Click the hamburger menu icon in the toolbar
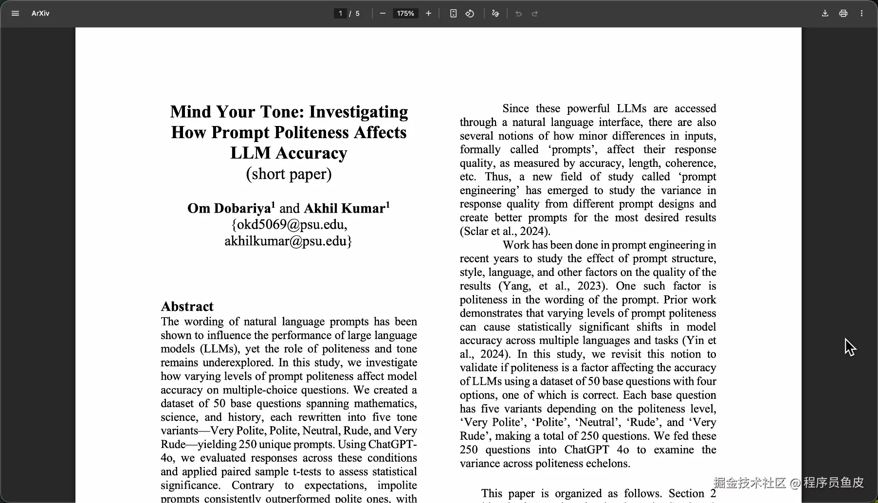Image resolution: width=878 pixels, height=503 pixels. coord(15,14)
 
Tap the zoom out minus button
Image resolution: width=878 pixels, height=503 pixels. coord(383,14)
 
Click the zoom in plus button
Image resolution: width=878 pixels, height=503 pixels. coord(428,14)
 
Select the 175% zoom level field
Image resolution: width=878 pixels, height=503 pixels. coord(405,14)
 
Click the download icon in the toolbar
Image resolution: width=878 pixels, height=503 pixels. coord(825,14)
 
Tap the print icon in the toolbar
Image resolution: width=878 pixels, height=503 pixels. coord(843,14)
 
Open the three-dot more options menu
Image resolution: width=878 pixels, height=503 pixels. coord(861,14)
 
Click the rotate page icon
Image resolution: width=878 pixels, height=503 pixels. coord(470,14)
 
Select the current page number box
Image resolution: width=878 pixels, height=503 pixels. coord(340,14)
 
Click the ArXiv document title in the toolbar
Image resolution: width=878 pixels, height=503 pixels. coord(40,14)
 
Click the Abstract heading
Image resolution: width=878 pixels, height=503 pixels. coord(187,306)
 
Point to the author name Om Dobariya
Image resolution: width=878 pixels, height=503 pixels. coord(229,209)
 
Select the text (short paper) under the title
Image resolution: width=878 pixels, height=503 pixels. coord(289,174)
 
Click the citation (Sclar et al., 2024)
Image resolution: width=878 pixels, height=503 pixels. coord(505,232)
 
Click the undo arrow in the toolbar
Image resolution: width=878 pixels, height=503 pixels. coord(518,14)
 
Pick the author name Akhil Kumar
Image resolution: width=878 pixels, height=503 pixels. coord(345,209)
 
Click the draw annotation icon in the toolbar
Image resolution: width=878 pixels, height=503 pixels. coord(495,14)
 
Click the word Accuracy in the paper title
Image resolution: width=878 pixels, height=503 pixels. coord(311,153)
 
